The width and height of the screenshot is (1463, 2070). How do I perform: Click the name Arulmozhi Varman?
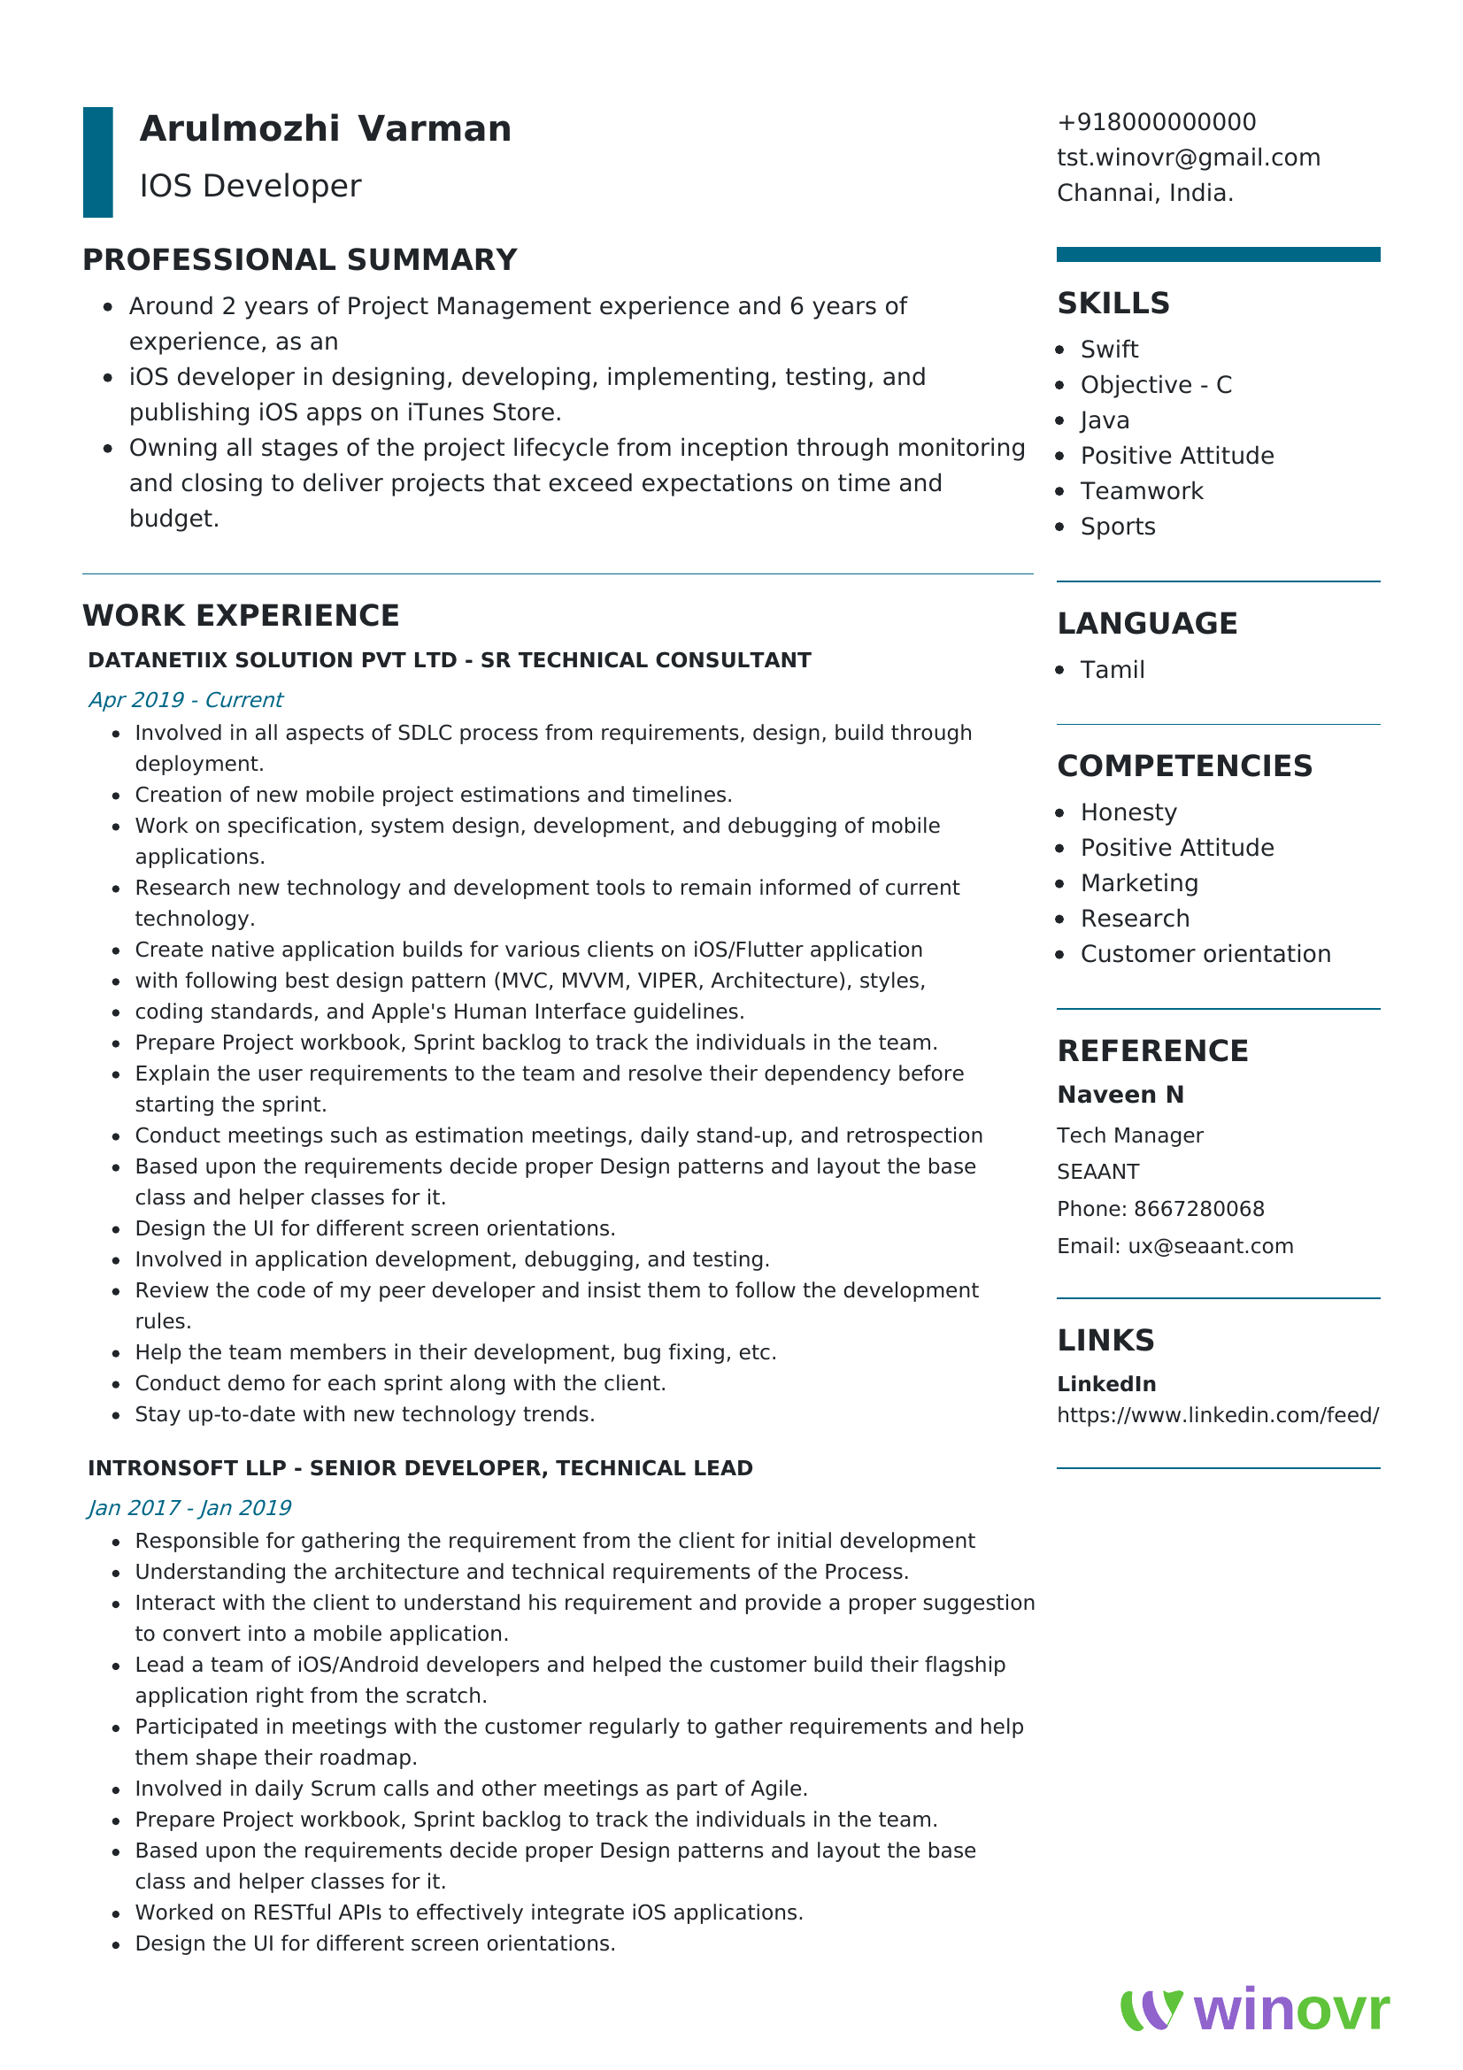[326, 129]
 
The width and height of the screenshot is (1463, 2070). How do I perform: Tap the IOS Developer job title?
[250, 186]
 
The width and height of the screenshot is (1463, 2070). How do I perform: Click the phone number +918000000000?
[1156, 122]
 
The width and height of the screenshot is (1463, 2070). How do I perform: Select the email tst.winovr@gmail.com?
[1188, 157]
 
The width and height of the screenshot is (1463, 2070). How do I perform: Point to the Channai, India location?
[1144, 193]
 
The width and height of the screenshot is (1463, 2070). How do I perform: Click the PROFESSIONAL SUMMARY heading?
[299, 259]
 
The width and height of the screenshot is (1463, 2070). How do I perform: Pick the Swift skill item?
[1109, 349]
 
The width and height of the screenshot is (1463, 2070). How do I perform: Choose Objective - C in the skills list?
[1156, 385]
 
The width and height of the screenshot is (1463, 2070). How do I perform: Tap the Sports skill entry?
[1118, 527]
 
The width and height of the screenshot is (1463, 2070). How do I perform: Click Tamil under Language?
[1113, 670]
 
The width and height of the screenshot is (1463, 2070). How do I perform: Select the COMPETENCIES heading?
[1184, 766]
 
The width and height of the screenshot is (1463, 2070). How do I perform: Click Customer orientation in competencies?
[1205, 954]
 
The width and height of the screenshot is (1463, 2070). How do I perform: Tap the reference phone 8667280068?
[1199, 1209]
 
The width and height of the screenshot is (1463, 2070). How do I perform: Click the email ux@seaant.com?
[1210, 1246]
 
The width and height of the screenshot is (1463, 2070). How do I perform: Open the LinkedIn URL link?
[1217, 1415]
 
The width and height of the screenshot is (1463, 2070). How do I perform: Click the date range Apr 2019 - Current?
[186, 700]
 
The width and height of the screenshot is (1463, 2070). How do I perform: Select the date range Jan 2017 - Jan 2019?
[189, 1508]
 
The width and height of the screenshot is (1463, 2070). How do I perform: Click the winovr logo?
[1254, 2010]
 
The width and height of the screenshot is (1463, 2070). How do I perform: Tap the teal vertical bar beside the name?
[97, 162]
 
